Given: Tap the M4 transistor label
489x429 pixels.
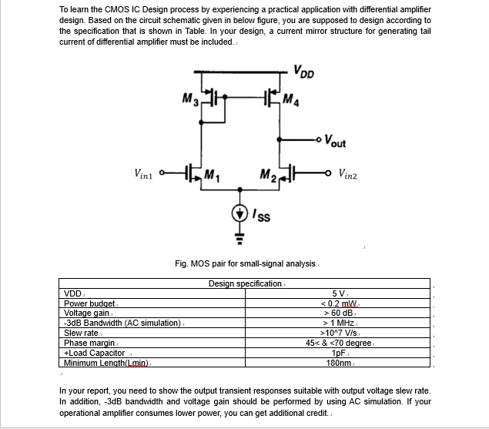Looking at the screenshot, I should tap(290, 99).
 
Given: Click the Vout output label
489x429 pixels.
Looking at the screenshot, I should tap(335, 142).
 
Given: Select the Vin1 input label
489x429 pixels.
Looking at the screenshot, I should tap(144, 174).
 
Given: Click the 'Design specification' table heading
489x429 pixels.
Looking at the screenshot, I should tap(246, 284).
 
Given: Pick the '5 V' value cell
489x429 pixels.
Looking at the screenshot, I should tap(338, 293).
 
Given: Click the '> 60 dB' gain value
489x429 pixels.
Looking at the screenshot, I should tap(339, 313).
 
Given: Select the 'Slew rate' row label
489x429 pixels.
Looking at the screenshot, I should tap(81, 333).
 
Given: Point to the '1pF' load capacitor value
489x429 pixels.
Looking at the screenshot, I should tap(338, 352).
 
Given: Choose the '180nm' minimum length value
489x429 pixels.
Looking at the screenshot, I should tap(339, 362).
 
